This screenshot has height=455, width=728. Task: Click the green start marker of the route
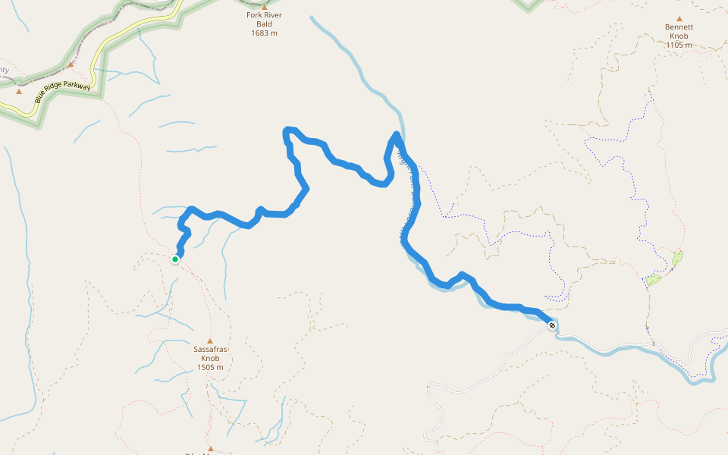click(175, 259)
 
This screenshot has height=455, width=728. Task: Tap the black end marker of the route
click(552, 325)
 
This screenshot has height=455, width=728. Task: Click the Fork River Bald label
click(264, 19)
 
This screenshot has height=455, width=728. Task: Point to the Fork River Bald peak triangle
click(265, 7)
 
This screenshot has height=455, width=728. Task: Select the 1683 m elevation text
click(264, 33)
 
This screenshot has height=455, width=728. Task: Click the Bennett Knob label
click(679, 31)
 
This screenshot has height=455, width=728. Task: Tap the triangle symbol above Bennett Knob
click(679, 19)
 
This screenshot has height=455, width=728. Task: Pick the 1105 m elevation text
click(679, 45)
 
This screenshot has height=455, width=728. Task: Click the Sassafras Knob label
click(210, 354)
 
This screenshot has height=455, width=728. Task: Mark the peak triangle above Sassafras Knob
click(210, 341)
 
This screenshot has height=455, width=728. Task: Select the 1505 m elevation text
click(210, 368)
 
